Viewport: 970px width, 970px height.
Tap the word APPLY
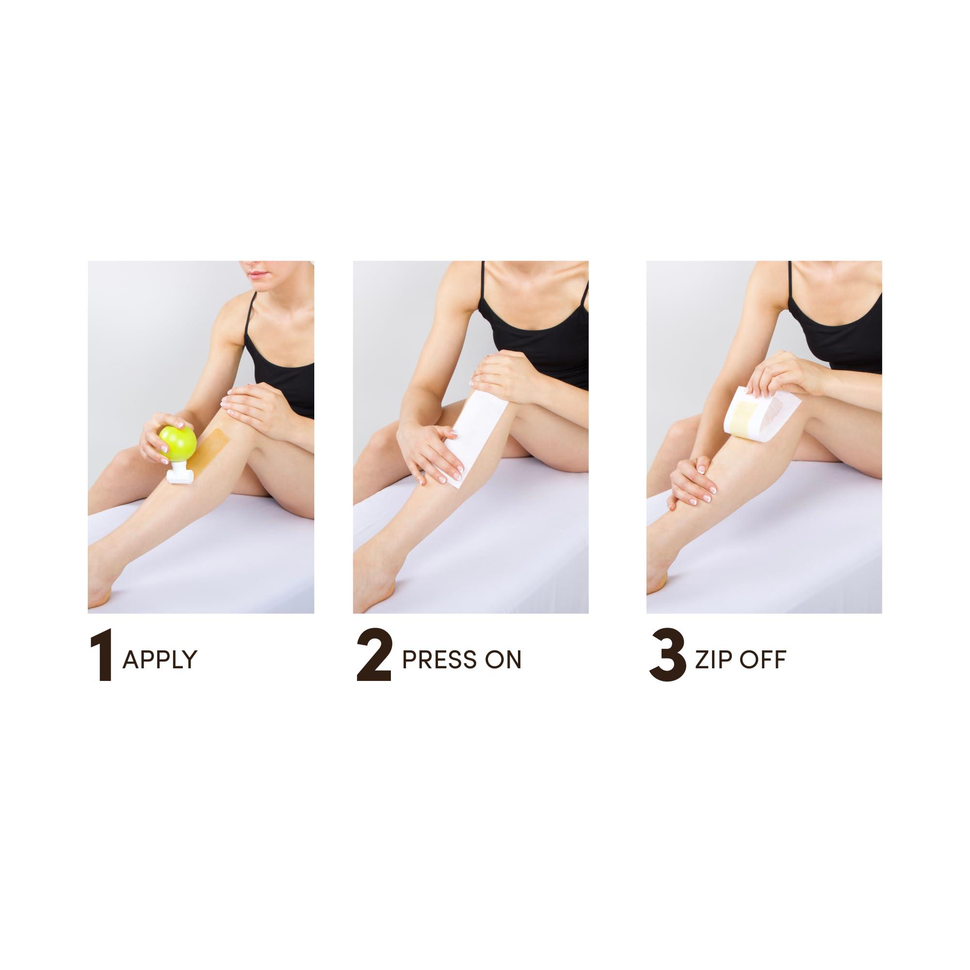coord(160,659)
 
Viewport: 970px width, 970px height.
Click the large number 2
coord(374,658)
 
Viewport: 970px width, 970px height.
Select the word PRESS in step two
coord(435,659)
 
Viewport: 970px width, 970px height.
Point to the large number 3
coord(668,658)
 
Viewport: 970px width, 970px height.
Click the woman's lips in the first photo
coord(256,274)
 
